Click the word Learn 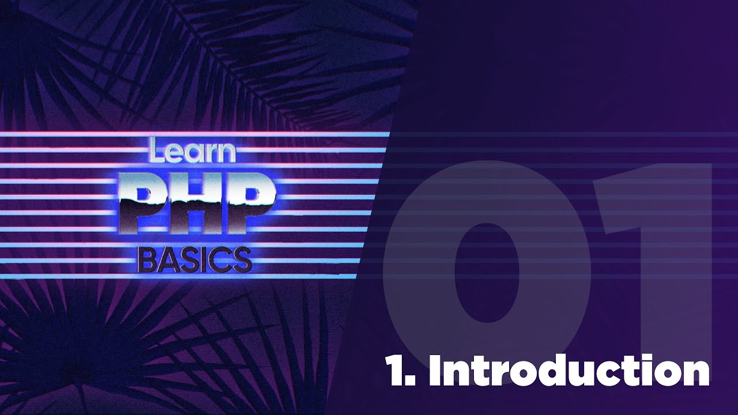coord(192,151)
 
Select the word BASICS coord(195,260)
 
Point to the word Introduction coord(568,371)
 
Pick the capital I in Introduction coord(436,371)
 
